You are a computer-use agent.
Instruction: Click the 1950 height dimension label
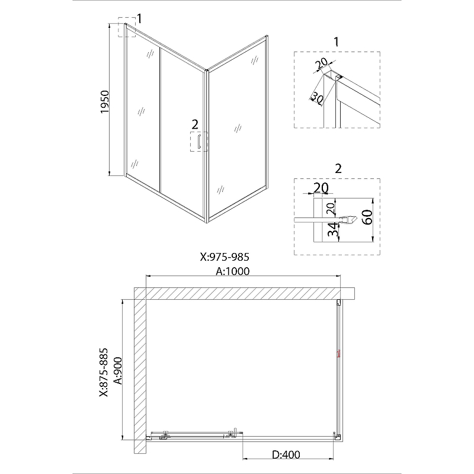pyautogui.click(x=104, y=102)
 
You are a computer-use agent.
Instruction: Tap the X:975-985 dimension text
pyautogui.click(x=225, y=257)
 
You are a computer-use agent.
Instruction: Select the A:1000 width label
pyautogui.click(x=232, y=271)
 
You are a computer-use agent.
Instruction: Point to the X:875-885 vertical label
pyautogui.click(x=104, y=373)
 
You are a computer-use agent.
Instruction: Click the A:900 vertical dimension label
pyautogui.click(x=117, y=371)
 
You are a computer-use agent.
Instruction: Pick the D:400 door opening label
pyautogui.click(x=286, y=454)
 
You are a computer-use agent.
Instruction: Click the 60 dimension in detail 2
pyautogui.click(x=367, y=217)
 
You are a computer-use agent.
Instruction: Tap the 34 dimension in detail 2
pyautogui.click(x=333, y=229)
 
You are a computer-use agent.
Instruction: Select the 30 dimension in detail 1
pyautogui.click(x=317, y=97)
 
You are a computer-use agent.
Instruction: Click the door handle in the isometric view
pyautogui.click(x=199, y=142)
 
